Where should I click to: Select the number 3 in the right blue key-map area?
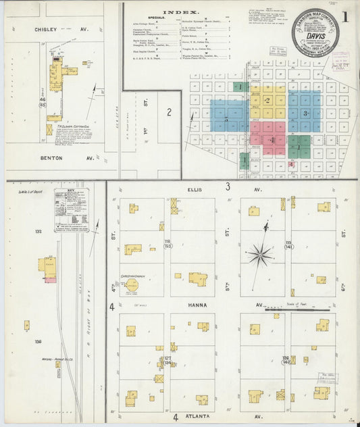point(305,114)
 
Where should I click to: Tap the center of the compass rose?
point(259,255)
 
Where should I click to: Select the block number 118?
point(167,241)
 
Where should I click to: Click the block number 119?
point(288,241)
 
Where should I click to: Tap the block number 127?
point(166,358)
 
